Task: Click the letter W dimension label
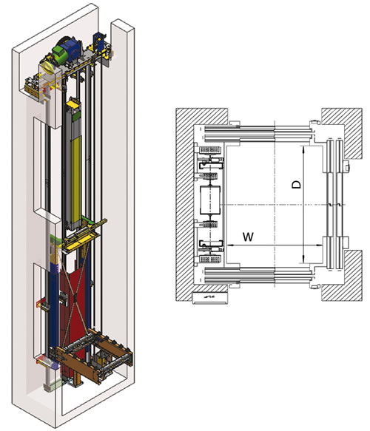click(248, 237)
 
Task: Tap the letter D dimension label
click(296, 184)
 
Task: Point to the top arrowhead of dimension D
click(303, 150)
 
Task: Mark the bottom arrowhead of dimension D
click(303, 259)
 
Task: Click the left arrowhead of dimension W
click(231, 245)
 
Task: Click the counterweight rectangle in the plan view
click(210, 200)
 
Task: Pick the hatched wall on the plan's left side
click(185, 204)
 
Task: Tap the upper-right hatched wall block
click(342, 132)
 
